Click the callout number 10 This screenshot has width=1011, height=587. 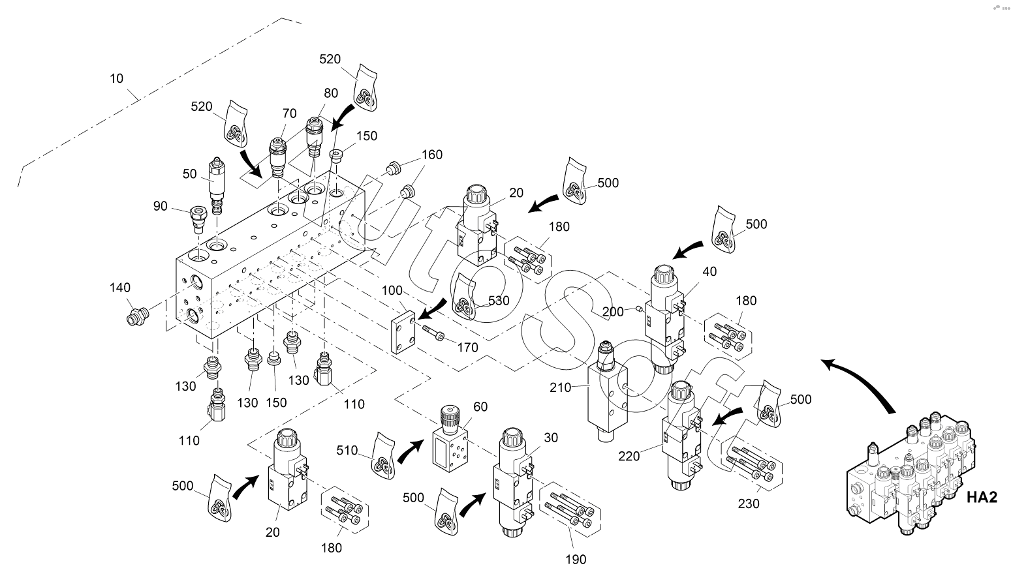click(116, 79)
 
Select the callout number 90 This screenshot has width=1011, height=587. click(161, 207)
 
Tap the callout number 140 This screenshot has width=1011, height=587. click(120, 288)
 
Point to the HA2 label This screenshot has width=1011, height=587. click(982, 498)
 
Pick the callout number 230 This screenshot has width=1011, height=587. click(748, 504)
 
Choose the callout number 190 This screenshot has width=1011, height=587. click(576, 559)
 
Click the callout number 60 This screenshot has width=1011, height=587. click(480, 407)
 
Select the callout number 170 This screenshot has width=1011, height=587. click(468, 348)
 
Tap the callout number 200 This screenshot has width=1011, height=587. click(614, 312)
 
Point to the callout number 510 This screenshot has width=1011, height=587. click(347, 450)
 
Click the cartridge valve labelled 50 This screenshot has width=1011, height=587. click(216, 185)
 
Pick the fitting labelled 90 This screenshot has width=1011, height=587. click(198, 217)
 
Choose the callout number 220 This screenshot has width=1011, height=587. click(629, 457)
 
